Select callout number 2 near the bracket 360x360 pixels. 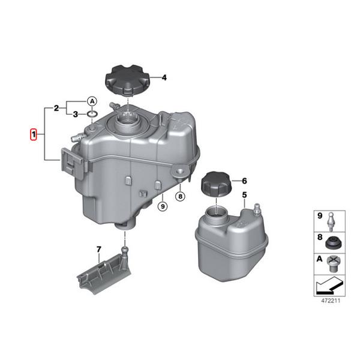tap(56, 109)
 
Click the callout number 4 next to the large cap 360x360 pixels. tap(163, 77)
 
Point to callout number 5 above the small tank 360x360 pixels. tap(244, 195)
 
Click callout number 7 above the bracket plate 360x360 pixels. tap(99, 248)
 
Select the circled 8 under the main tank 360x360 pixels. tap(179, 196)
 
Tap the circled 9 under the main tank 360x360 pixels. tap(161, 206)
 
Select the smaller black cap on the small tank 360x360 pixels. tap(215, 182)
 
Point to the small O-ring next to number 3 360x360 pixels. tap(91, 115)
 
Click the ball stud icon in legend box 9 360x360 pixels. tap(332, 220)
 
